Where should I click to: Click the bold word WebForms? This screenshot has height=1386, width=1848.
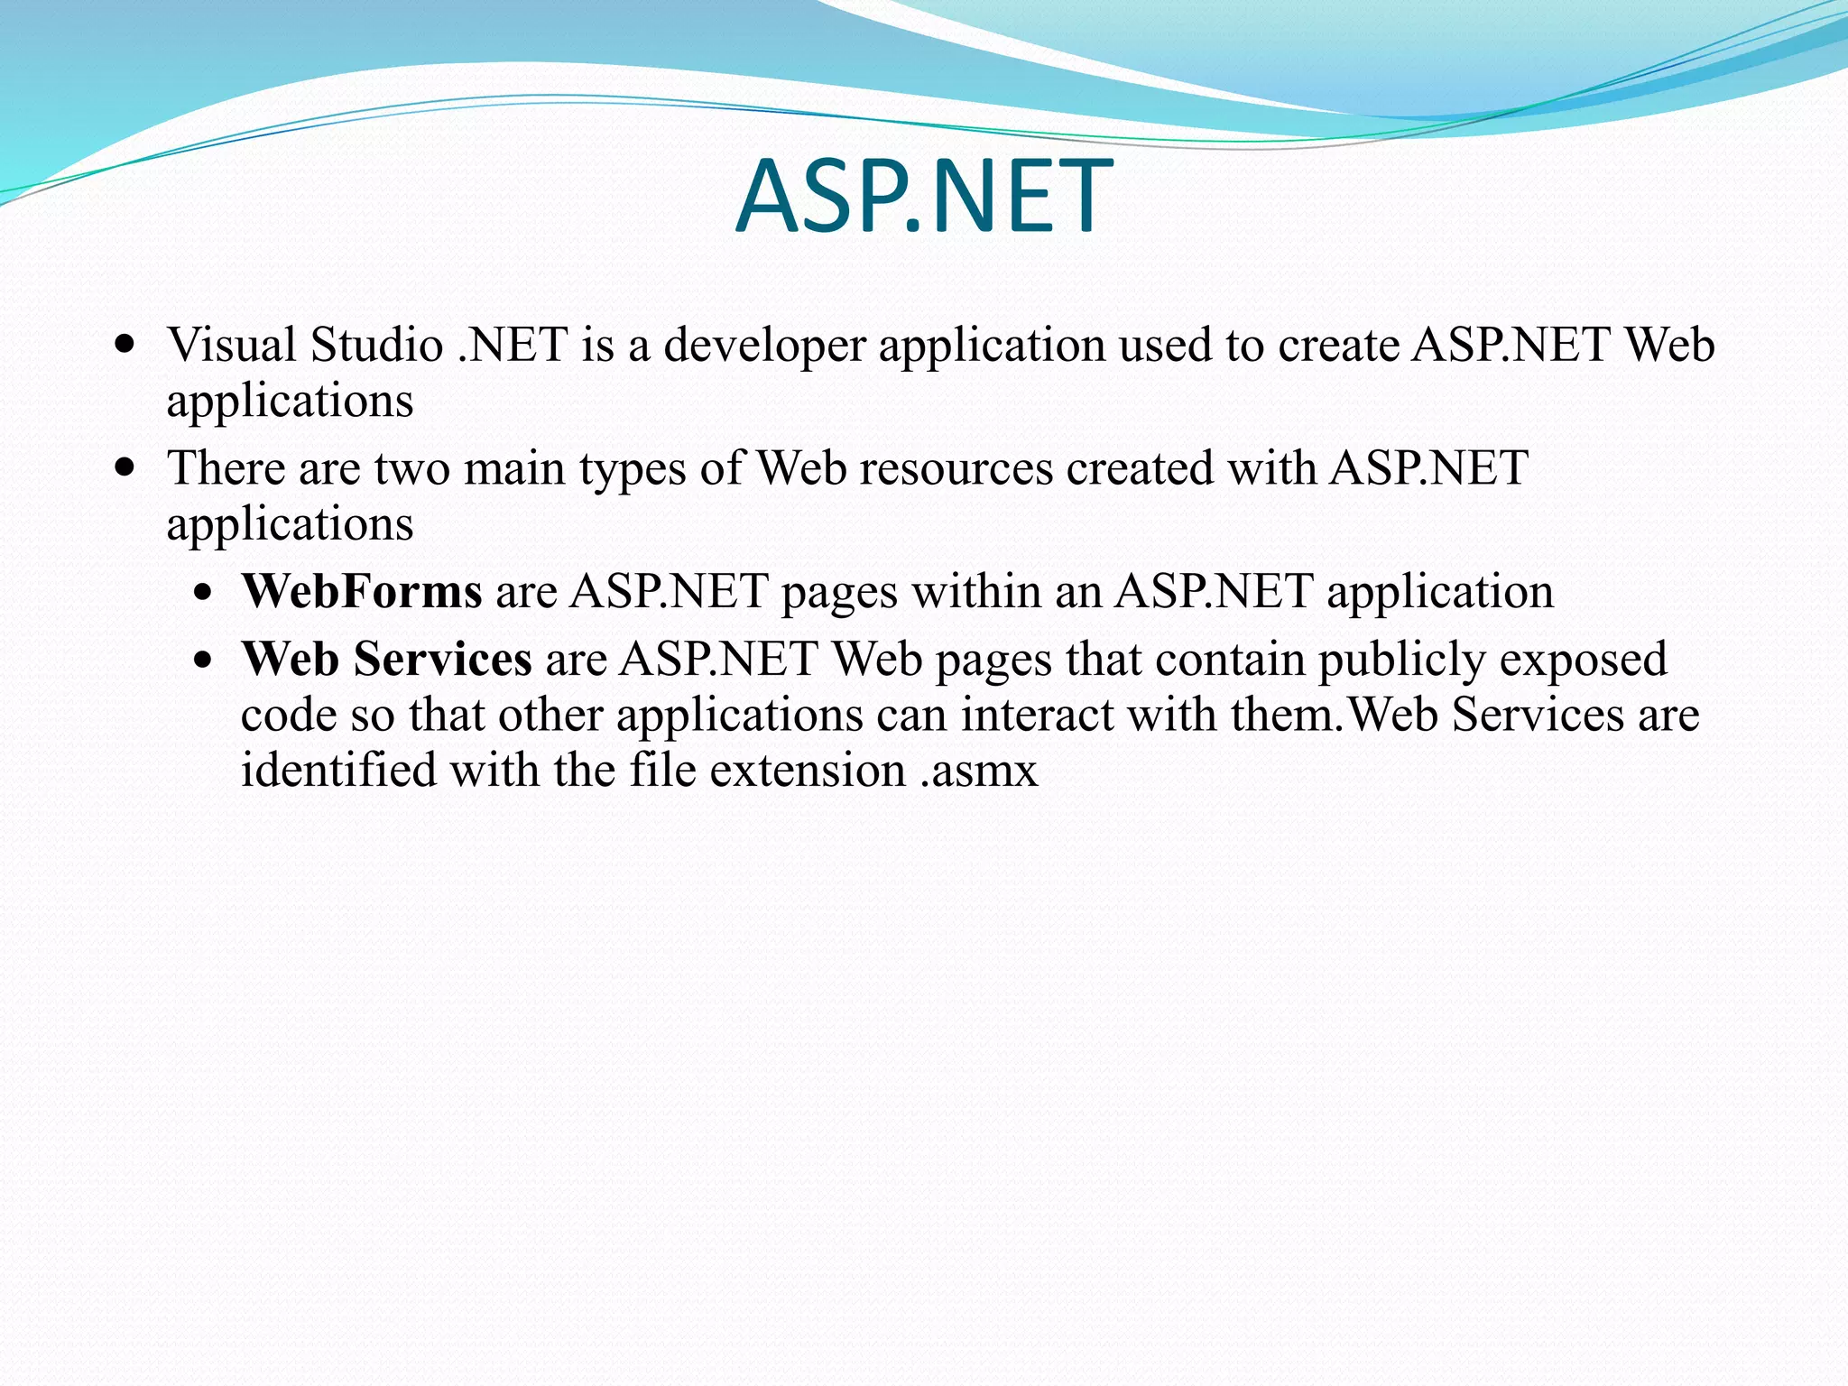[x=361, y=592]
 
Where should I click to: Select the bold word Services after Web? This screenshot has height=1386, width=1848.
[x=442, y=660]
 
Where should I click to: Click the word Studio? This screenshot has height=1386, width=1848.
[x=376, y=345]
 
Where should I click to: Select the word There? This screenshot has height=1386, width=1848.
[x=226, y=468]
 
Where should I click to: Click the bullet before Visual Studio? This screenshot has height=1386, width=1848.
[x=126, y=345]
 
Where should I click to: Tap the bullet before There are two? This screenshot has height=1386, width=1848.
[x=126, y=468]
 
